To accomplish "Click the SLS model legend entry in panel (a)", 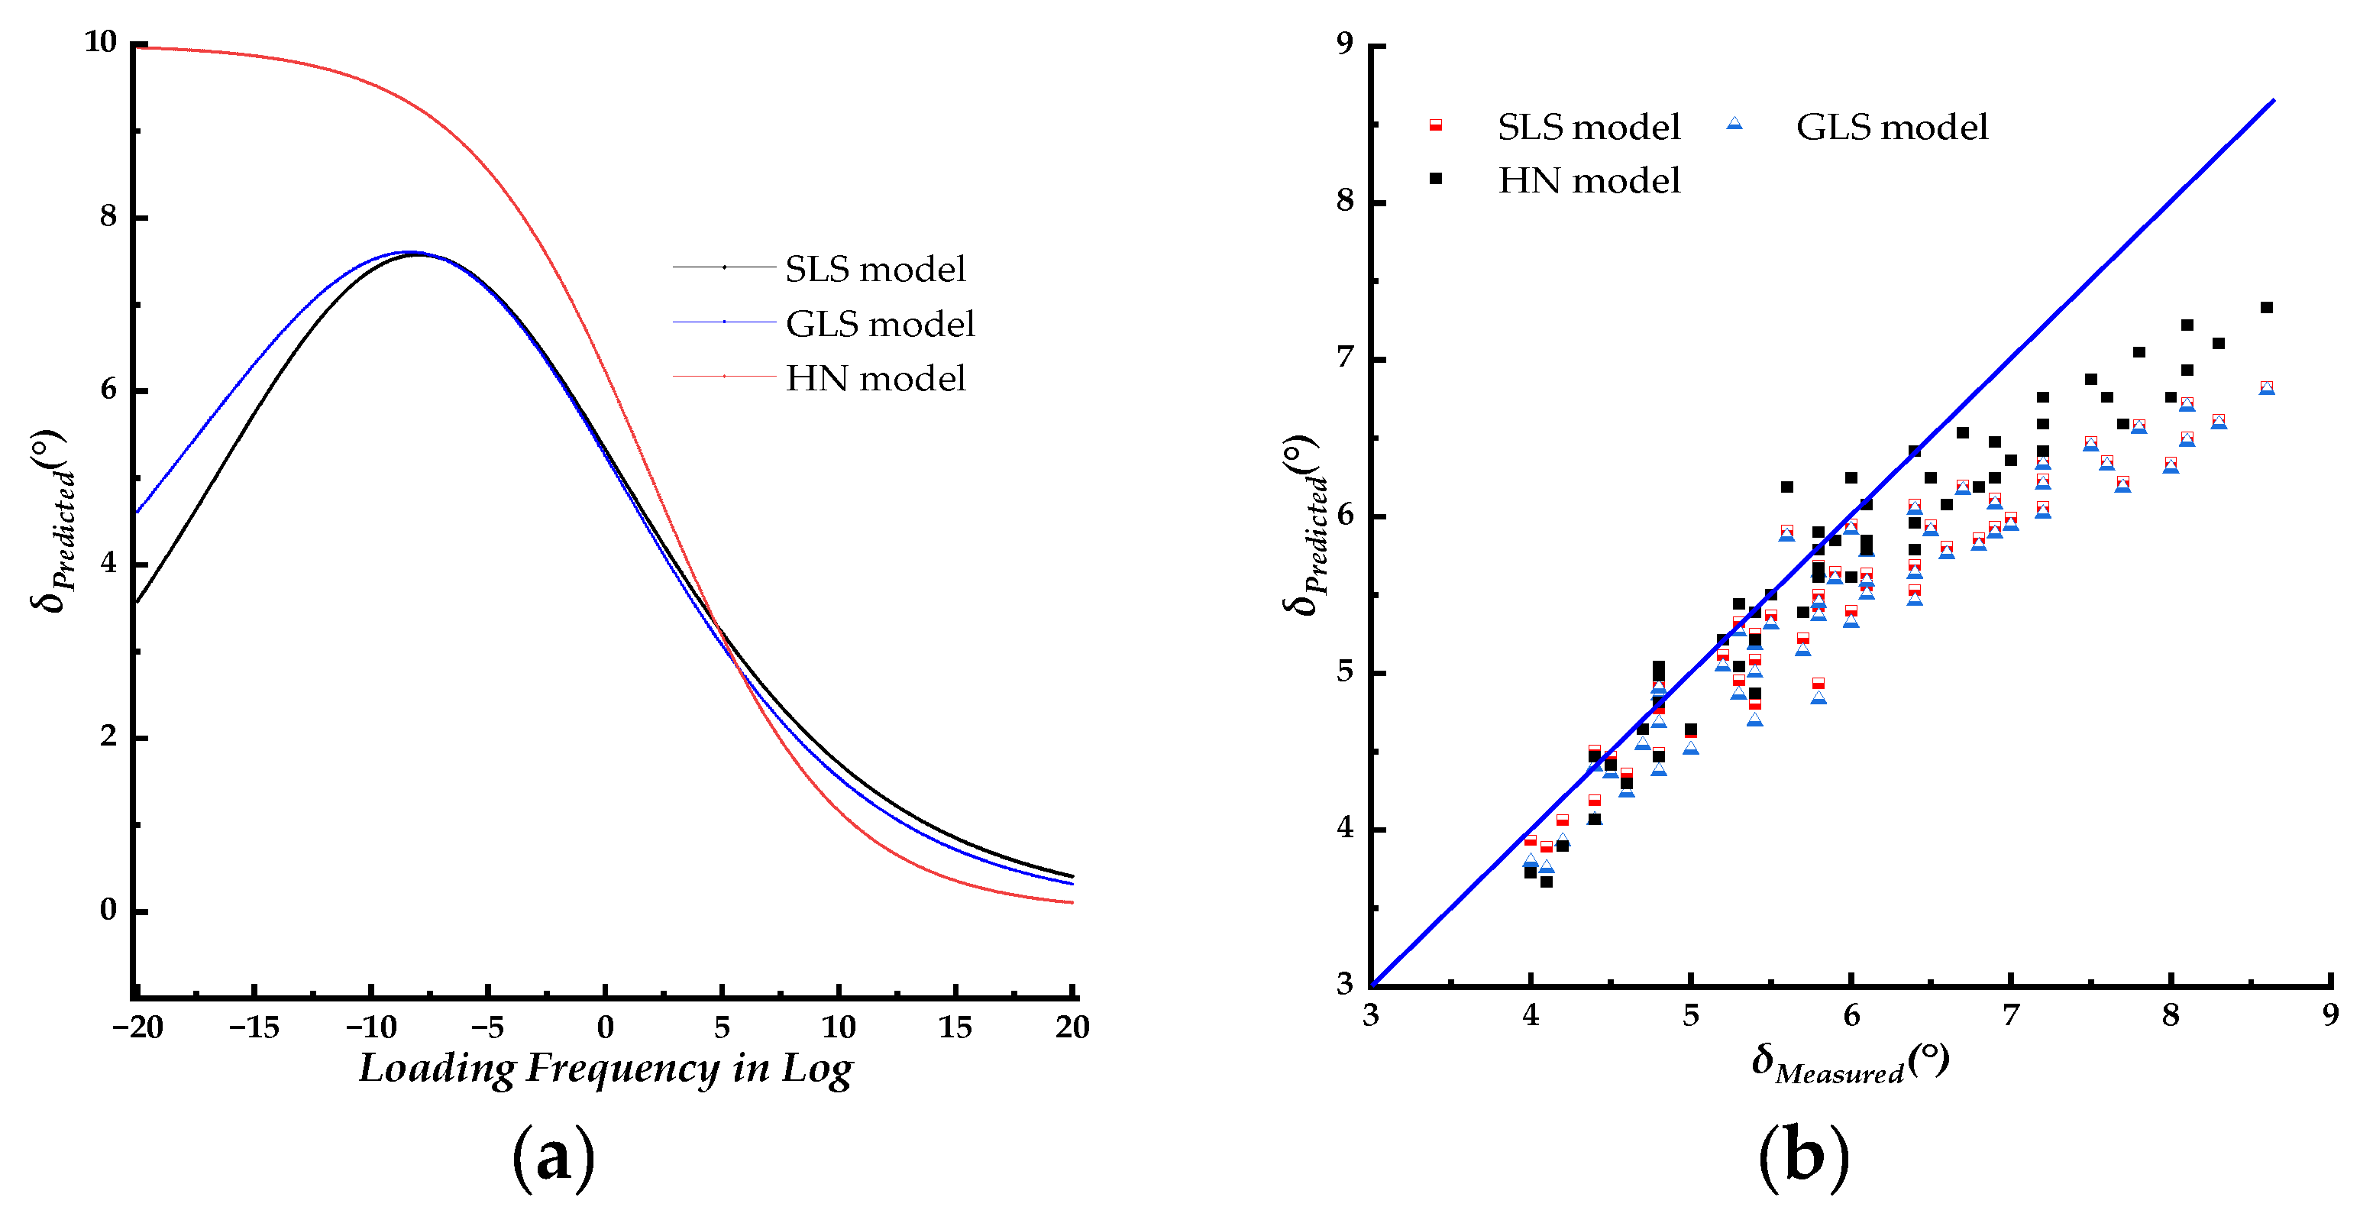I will point(875,270).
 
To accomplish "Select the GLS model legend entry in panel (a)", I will point(880,324).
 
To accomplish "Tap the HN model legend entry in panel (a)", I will point(875,378).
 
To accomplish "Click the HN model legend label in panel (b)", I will point(1589,180).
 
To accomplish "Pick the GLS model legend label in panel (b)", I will point(1892,128).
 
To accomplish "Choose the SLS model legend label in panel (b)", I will point(1589,128).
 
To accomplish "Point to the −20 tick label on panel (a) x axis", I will point(137,1027).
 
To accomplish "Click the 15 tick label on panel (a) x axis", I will point(955,1027).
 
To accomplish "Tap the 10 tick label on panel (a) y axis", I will point(101,42).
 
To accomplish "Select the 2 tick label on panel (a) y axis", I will point(108,736).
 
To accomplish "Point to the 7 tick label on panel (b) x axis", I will point(2010,1015).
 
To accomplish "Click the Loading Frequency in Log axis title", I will point(606,1069).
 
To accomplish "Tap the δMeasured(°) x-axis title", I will point(1850,1063).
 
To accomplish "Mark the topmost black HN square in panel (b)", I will point(2267,308).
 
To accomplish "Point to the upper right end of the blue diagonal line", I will point(2273,100).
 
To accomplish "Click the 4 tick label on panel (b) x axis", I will point(1530,1015).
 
